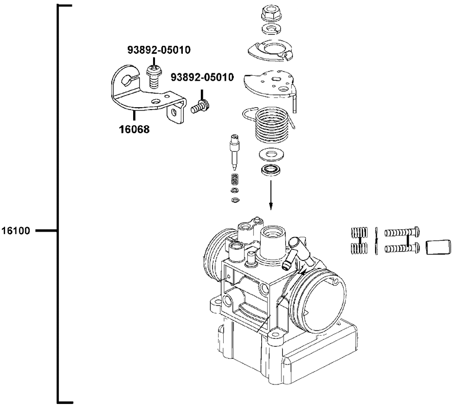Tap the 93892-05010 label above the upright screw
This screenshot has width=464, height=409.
pos(159,50)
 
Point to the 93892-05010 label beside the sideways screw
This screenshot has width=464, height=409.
pos(202,77)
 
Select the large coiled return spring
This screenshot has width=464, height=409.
pos(274,124)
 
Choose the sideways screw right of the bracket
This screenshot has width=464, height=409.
pos(200,108)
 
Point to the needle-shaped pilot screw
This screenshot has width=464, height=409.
pos(234,150)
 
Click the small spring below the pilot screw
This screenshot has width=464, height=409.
pos(235,179)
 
